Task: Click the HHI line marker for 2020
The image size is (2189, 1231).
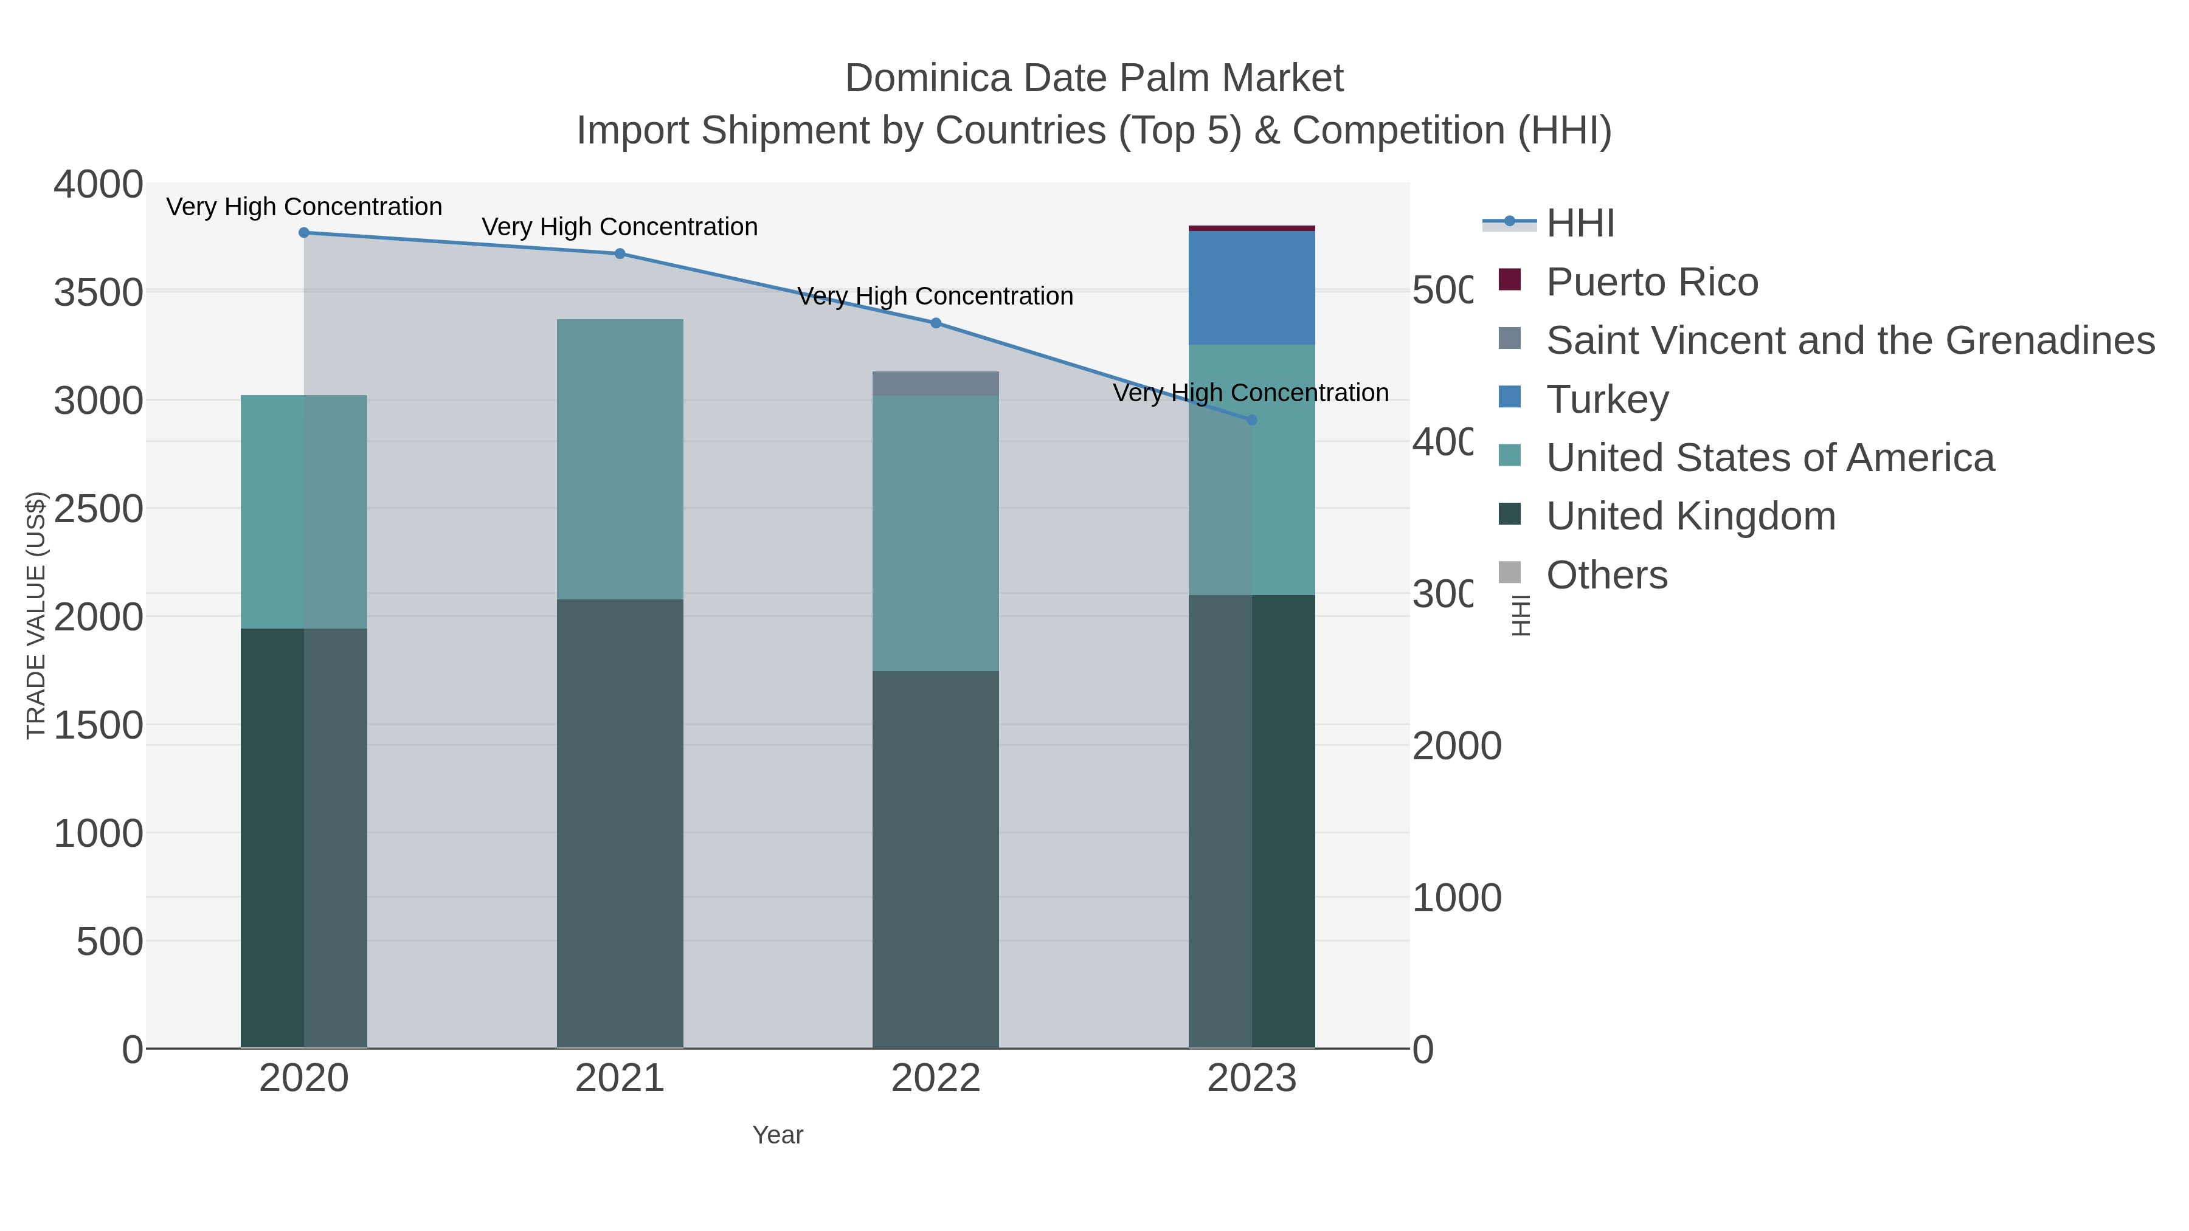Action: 304,233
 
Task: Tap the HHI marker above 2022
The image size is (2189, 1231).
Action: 936,323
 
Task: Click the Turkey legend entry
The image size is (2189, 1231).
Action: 1607,399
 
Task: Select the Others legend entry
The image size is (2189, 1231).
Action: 1606,575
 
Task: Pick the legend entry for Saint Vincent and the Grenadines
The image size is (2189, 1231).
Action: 1849,340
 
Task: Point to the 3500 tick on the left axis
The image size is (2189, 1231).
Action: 98,293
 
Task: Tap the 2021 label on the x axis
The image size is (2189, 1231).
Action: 620,1080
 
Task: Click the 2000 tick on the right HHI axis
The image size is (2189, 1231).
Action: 1456,747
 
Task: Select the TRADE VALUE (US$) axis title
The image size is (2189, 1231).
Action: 36,615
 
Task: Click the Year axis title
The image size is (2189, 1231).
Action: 778,1135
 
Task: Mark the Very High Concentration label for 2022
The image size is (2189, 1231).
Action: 936,297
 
